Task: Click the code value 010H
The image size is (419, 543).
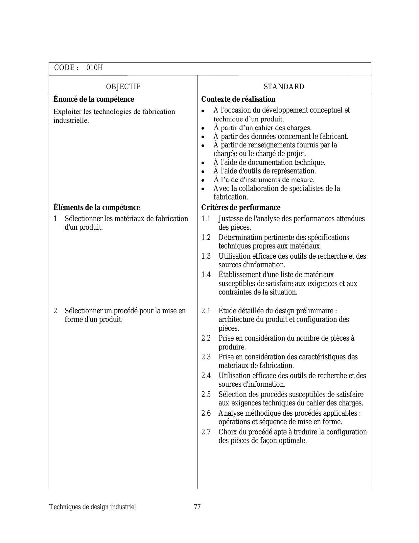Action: tap(95, 68)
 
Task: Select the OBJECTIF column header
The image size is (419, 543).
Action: tap(123, 87)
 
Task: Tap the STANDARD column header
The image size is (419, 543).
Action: tap(284, 87)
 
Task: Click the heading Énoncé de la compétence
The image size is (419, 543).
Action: tap(94, 99)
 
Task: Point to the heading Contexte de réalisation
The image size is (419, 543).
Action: tap(238, 99)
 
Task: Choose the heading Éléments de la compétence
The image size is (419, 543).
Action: tap(97, 208)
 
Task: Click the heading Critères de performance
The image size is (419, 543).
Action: tap(241, 208)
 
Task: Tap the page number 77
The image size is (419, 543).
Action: tap(197, 507)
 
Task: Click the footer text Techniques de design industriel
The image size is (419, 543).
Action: tap(92, 507)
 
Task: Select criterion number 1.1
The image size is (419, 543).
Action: tap(206, 219)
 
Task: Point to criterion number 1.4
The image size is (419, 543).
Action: tap(206, 275)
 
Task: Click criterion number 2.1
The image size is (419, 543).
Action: tap(206, 311)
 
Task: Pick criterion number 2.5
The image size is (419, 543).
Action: tap(206, 395)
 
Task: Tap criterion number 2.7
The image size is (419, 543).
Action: tap(206, 432)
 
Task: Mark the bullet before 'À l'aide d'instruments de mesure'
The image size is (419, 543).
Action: tap(203, 180)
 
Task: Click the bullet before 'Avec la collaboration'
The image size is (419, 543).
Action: tap(203, 189)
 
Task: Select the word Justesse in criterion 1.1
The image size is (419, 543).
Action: tap(230, 219)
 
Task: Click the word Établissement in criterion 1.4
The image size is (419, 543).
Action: tap(239, 275)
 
